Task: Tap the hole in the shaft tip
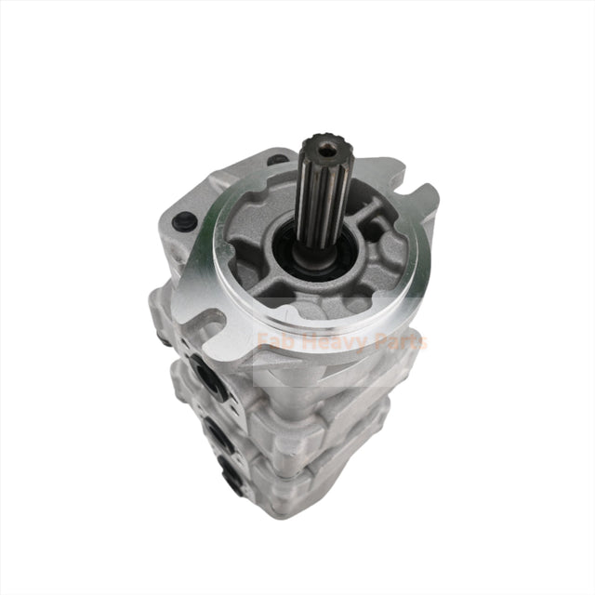324,147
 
